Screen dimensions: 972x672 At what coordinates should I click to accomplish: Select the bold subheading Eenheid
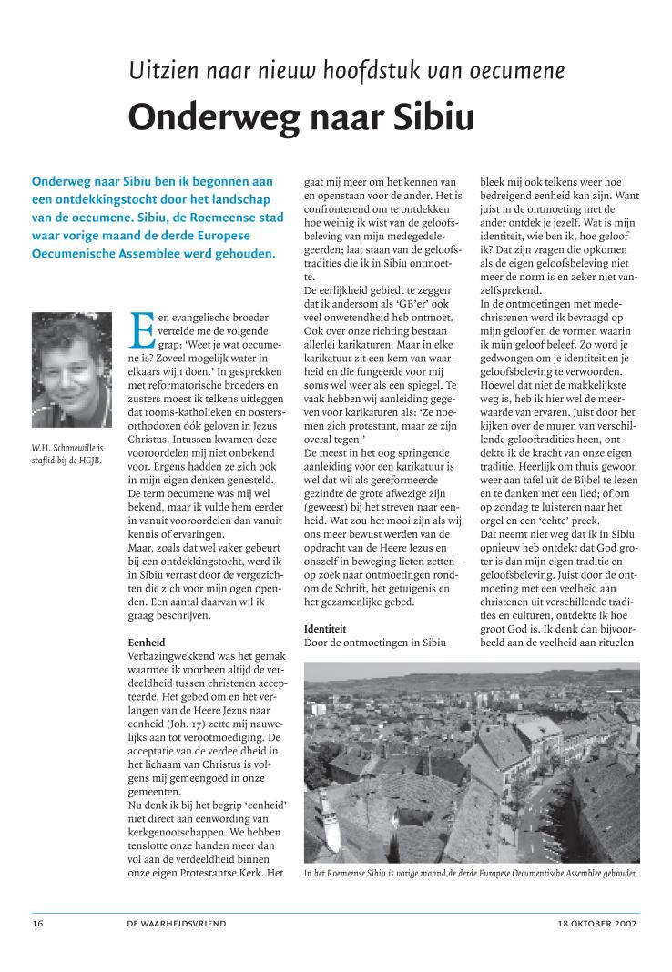[x=146, y=643]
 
